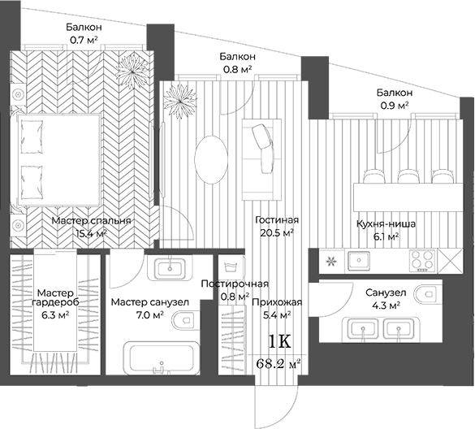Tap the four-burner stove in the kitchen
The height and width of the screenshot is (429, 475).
click(421, 261)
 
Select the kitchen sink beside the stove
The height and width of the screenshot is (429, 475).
click(359, 261)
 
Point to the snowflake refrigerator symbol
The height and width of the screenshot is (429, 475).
click(331, 262)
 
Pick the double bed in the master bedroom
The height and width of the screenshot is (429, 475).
click(56, 160)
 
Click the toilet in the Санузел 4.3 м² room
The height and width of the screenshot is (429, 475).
click(428, 294)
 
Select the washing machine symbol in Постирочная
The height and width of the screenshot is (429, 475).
click(231, 267)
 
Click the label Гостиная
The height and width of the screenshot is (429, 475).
click(277, 220)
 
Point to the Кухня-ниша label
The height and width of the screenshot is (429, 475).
click(386, 224)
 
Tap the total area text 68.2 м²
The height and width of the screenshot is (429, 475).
click(278, 363)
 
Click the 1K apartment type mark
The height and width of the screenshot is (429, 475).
click(280, 341)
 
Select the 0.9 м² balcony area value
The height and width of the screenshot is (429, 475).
click(395, 106)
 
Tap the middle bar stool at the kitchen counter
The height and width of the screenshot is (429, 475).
click(408, 176)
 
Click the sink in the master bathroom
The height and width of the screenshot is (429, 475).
click(170, 267)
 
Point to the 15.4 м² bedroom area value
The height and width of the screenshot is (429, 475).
click(91, 233)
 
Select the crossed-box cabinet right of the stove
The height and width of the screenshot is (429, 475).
click(450, 261)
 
